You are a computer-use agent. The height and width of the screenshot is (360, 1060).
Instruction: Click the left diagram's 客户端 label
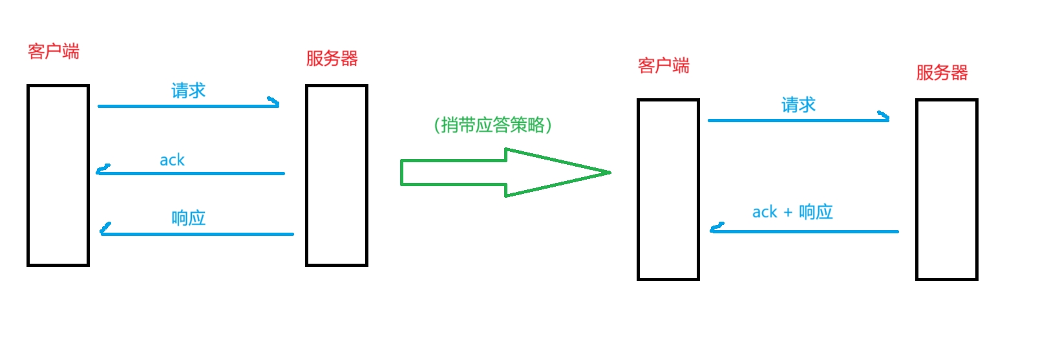[x=54, y=51]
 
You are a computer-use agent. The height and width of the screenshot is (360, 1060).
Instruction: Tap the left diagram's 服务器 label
[x=332, y=59]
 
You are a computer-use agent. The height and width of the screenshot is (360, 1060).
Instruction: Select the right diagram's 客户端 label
[x=663, y=65]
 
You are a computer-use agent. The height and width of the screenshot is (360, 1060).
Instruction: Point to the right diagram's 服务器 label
[x=942, y=72]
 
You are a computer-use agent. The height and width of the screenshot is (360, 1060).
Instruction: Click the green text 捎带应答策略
[x=493, y=125]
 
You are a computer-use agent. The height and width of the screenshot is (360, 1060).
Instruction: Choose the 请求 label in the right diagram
[x=798, y=105]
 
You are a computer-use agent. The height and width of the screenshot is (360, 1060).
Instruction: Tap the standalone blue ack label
[x=172, y=160]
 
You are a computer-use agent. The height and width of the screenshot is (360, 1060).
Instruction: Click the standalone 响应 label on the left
[x=188, y=218]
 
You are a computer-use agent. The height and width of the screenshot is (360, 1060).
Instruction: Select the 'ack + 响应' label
[x=792, y=212]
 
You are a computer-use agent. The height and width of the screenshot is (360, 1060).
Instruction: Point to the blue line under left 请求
[x=187, y=106]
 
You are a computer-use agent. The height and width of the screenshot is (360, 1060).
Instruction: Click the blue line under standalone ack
[x=191, y=173]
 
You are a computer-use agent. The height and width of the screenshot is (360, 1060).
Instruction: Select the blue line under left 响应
[x=197, y=234]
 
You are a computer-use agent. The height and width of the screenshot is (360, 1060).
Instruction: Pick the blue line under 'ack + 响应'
[x=805, y=231]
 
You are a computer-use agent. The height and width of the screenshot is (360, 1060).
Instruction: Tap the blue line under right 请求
[x=798, y=120]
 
